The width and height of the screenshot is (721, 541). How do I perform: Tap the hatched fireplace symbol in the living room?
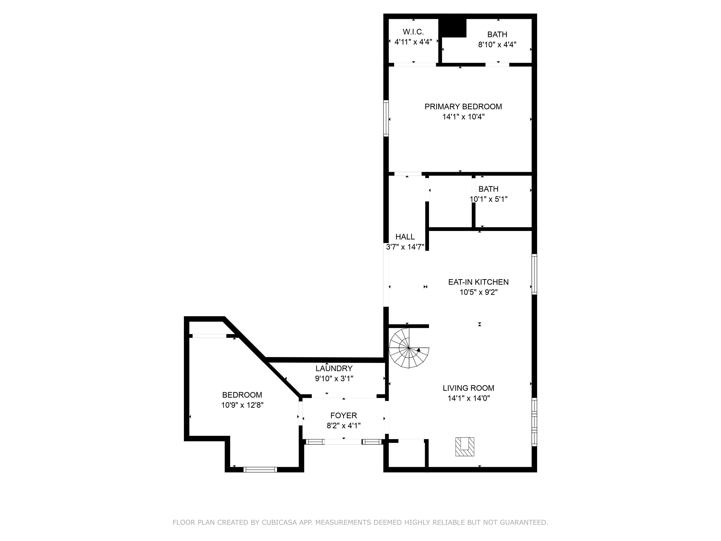465,447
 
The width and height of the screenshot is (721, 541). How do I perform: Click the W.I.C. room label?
413,32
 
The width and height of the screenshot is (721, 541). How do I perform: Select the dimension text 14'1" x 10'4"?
463,117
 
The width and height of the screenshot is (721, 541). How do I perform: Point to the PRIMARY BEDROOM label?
463,107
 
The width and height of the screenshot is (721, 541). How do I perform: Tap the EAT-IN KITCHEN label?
478,282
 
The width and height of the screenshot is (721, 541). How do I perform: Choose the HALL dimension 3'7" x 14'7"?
405,247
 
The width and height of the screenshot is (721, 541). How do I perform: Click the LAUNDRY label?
334,369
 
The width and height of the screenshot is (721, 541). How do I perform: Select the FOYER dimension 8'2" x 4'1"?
343,426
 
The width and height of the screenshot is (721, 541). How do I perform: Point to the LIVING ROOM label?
468,388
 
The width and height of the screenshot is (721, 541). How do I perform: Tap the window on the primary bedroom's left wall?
386,118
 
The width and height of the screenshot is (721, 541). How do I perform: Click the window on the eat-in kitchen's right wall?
534,274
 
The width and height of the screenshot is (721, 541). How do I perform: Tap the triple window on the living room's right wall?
534,422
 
